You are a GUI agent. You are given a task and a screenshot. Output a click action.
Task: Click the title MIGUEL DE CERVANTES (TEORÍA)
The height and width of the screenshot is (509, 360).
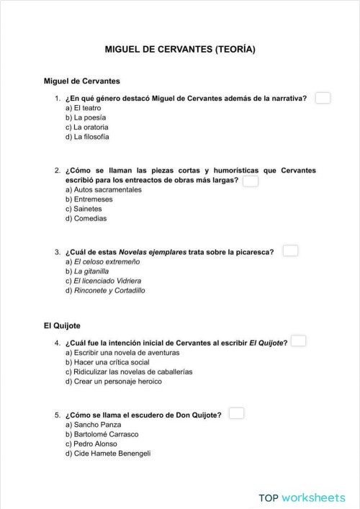click(180, 50)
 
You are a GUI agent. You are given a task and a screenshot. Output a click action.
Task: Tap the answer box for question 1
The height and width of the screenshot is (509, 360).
click(323, 98)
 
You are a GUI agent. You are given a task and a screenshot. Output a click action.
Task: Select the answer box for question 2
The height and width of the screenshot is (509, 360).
click(251, 181)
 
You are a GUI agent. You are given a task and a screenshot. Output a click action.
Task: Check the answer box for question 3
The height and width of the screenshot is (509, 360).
click(290, 251)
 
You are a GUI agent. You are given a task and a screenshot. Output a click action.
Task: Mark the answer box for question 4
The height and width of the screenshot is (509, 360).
click(298, 341)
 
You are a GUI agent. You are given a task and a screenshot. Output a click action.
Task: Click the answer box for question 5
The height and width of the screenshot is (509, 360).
click(236, 413)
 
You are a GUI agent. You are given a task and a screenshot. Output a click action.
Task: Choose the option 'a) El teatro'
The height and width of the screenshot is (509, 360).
click(83, 107)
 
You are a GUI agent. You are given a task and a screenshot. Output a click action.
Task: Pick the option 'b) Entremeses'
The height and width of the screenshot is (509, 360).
click(89, 199)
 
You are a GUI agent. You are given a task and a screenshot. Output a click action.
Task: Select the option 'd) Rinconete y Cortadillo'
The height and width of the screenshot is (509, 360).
click(105, 291)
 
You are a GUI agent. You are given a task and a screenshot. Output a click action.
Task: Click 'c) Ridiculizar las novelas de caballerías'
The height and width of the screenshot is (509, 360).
click(125, 372)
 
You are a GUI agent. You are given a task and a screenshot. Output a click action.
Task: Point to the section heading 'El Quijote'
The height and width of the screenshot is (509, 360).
click(61, 325)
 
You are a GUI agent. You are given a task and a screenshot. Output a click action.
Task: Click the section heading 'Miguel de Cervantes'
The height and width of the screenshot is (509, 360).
click(81, 81)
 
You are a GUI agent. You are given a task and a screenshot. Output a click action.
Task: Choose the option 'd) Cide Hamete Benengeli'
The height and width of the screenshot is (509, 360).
click(108, 454)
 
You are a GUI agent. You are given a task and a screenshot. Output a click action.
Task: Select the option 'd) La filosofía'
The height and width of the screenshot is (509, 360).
click(87, 137)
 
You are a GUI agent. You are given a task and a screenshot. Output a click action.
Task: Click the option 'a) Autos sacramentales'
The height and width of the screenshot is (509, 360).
click(103, 189)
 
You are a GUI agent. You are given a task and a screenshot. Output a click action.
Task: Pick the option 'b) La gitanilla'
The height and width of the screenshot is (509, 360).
click(87, 271)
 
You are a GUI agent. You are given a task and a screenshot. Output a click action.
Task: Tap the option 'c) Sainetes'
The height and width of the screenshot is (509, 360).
click(84, 209)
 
